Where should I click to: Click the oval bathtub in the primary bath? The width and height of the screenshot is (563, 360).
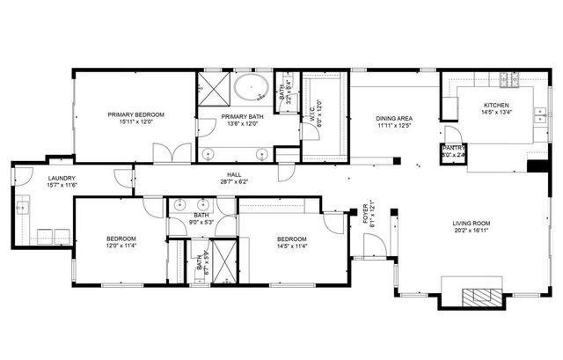pyautogui.click(x=252, y=89)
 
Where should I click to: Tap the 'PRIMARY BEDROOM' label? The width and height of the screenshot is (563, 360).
pyautogui.click(x=136, y=114)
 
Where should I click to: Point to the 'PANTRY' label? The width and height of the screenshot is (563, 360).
pyautogui.click(x=453, y=148)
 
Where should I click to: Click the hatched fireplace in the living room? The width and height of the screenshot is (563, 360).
pyautogui.click(x=480, y=295)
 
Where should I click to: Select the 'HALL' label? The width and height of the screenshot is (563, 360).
pyautogui.click(x=234, y=174)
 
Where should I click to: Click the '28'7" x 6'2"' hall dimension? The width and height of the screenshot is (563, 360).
pyautogui.click(x=234, y=182)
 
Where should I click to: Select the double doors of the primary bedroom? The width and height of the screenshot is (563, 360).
pyautogui.click(x=171, y=154)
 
